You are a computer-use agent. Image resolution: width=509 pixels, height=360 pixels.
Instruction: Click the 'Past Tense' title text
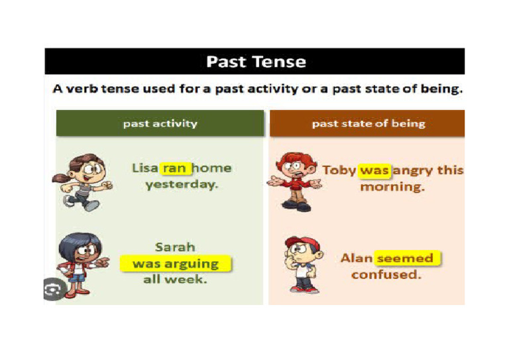(256, 62)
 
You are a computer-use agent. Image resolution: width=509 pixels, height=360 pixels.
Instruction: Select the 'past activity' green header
(160, 123)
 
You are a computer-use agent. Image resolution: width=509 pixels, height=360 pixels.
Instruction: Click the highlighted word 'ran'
(175, 168)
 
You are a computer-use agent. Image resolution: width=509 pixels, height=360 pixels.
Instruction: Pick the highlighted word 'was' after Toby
(374, 170)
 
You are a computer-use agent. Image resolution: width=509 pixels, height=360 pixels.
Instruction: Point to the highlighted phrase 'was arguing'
(176, 264)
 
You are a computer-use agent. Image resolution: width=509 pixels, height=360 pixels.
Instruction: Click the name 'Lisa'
(144, 168)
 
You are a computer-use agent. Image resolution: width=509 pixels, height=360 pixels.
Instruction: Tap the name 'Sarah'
(175, 247)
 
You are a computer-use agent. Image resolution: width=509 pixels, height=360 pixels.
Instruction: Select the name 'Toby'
(339, 170)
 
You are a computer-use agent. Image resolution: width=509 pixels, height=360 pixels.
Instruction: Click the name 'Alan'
(357, 258)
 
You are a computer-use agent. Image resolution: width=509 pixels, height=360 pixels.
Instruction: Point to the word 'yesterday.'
(182, 185)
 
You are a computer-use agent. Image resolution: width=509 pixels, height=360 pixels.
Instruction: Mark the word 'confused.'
(386, 274)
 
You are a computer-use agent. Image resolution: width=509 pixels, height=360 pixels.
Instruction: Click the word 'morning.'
(392, 187)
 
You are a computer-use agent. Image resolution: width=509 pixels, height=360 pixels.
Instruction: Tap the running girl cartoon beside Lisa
(81, 181)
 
